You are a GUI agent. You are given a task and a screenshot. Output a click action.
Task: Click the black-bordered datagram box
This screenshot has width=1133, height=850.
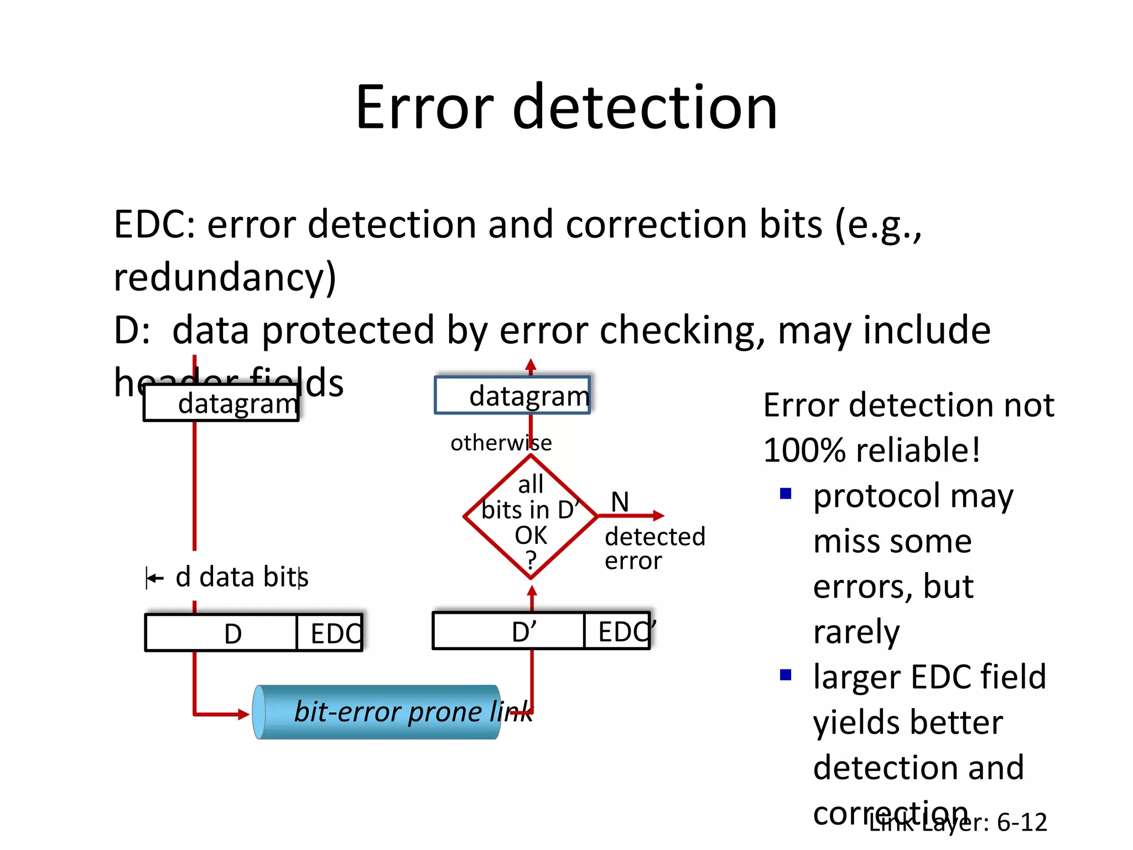(x=221, y=403)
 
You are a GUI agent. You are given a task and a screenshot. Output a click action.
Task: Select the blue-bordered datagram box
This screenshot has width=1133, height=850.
(x=512, y=395)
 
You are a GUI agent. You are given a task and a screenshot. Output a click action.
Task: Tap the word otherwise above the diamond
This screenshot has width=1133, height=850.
(x=501, y=443)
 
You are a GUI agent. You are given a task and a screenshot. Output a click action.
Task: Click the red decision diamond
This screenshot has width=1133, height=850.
(x=531, y=517)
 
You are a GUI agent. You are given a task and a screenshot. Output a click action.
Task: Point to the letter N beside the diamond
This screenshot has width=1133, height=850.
(x=620, y=502)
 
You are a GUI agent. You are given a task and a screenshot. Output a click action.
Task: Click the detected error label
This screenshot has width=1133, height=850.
(x=654, y=548)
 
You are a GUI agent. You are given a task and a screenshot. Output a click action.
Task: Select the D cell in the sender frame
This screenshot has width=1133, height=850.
(x=221, y=633)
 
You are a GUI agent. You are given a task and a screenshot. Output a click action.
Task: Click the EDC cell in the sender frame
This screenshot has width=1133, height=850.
(x=330, y=633)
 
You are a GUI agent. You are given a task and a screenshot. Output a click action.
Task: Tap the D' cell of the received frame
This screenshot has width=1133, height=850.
(x=509, y=631)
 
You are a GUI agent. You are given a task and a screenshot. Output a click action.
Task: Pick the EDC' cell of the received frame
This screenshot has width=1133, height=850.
(x=617, y=631)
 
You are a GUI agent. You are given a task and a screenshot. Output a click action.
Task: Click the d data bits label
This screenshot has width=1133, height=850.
(x=241, y=577)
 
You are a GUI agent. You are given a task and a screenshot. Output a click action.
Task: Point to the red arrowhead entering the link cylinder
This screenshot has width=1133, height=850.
(x=244, y=714)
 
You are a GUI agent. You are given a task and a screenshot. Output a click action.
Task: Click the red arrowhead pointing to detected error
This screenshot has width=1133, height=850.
(x=658, y=516)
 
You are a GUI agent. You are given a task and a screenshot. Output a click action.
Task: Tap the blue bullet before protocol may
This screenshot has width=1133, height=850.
(x=786, y=493)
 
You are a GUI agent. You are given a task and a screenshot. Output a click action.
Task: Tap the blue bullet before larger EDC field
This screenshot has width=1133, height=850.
(x=786, y=675)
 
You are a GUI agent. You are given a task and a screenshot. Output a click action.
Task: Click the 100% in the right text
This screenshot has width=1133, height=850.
(x=804, y=449)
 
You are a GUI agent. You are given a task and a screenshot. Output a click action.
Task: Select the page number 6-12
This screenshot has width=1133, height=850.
(x=1022, y=822)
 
